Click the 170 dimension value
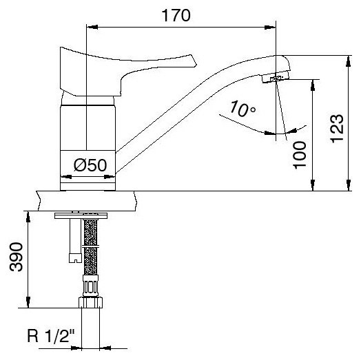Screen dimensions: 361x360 click(176, 15)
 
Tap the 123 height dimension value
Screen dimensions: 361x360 click(338, 128)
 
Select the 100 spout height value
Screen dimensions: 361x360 click(300, 156)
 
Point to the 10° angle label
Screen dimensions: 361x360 click(243, 109)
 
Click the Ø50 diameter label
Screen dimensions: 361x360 click(90, 165)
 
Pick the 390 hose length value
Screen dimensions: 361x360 click(16, 257)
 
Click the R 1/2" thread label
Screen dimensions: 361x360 click(51, 336)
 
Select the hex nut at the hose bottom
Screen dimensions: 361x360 click(90, 302)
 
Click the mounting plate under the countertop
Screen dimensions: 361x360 click(81, 215)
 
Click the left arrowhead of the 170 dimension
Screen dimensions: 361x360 click(92, 27)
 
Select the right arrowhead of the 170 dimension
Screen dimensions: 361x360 click(270, 28)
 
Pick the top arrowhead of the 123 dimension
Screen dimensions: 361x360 click(349, 61)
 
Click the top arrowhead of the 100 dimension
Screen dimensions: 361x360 click(313, 85)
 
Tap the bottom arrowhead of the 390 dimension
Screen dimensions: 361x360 click(28, 302)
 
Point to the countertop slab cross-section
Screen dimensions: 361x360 click(87, 201)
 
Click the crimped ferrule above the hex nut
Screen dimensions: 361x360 click(90, 286)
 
